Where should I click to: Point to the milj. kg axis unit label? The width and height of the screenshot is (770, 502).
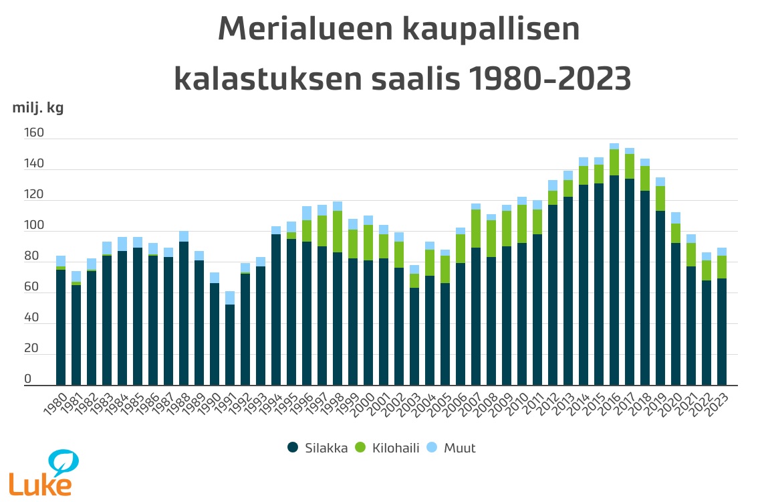[38, 108]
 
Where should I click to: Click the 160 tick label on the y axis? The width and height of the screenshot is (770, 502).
[34, 133]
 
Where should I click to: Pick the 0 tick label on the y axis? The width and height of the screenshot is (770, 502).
[28, 380]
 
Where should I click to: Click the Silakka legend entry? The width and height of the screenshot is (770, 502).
[317, 448]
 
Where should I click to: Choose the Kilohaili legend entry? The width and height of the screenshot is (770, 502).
[390, 448]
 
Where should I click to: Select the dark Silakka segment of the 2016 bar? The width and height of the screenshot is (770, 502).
[614, 281]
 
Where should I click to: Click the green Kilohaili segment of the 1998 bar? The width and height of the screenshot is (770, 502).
[338, 232]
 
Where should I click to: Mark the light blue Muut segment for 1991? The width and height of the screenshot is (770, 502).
[230, 298]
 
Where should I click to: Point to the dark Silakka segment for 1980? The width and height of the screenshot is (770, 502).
[61, 328]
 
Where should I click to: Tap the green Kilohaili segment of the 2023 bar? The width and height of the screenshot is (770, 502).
[722, 267]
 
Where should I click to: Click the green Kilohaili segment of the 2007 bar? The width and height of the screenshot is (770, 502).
[476, 228]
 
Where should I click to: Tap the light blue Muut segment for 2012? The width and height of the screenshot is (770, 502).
[553, 185]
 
